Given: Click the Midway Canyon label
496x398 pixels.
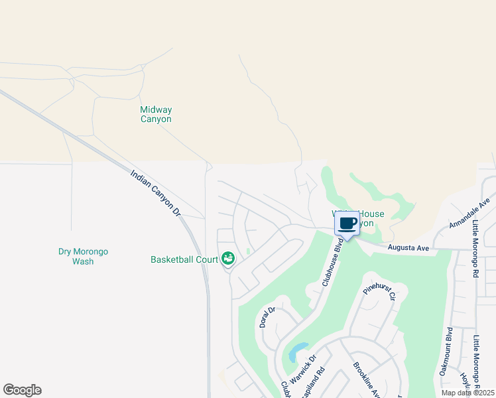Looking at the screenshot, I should coord(156,115).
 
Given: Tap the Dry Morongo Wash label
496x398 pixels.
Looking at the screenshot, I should coord(83,256).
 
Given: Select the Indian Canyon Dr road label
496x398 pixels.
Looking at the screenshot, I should coord(156,194).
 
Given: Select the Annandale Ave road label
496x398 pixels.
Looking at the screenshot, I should coord(469,212).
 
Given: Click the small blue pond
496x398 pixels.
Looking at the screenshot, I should coord(298,350).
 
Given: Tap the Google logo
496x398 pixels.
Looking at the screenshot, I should coord(23,390).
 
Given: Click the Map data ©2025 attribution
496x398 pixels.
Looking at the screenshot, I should coord(467,393).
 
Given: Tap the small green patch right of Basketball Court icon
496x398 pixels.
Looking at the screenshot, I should coord(247,251).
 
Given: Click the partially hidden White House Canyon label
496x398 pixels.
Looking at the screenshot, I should coord(369,218).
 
